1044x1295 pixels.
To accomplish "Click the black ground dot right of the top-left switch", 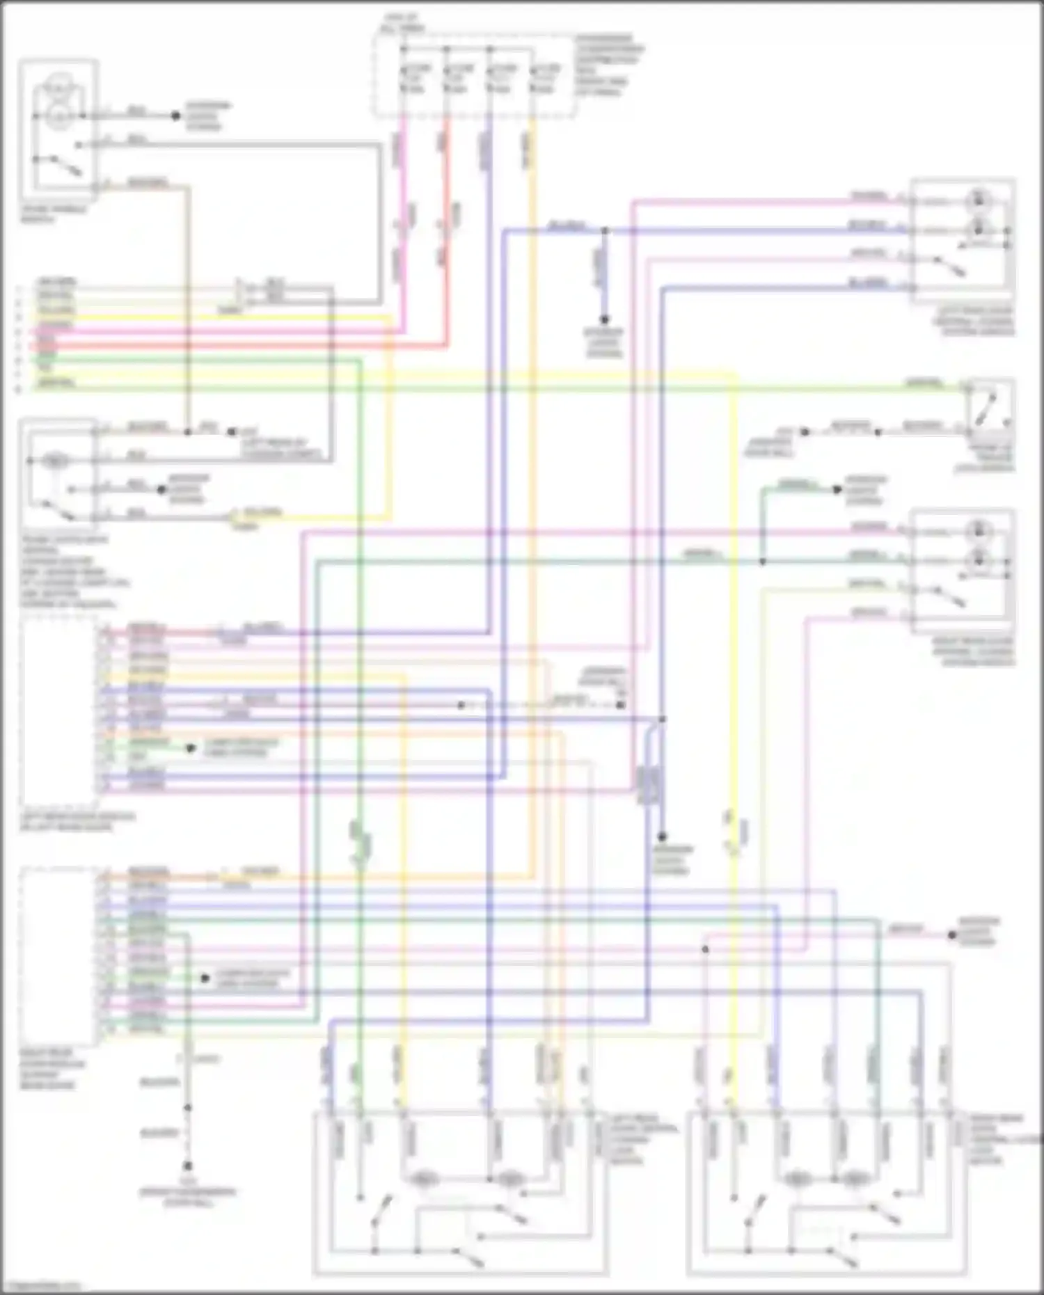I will click(176, 116).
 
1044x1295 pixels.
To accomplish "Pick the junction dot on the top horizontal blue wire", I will click(604, 230).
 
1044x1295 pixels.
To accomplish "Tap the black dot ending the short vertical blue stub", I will click(604, 319).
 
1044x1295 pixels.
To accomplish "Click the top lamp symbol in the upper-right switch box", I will click(979, 200).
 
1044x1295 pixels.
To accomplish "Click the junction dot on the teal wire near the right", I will click(762, 561).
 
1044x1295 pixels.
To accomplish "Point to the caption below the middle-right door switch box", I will click(974, 651).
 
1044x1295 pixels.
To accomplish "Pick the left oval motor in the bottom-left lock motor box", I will click(424, 1179).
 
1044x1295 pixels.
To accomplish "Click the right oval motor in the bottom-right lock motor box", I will click(855, 1179).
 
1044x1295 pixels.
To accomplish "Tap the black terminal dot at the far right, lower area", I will click(952, 935).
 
